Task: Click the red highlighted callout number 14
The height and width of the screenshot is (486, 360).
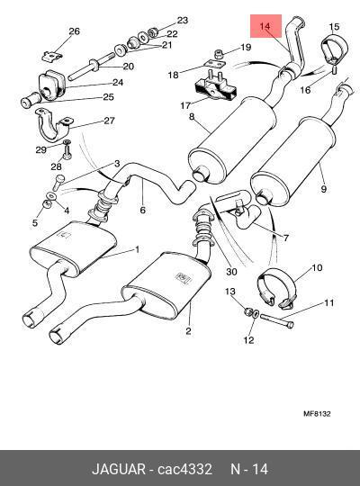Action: pos(265,26)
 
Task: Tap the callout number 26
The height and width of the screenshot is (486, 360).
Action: pos(74,31)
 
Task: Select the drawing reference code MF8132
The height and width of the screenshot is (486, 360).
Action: pos(317,413)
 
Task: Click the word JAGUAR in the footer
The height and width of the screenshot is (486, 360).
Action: pos(119,469)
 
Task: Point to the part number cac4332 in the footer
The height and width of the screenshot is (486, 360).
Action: pos(184,469)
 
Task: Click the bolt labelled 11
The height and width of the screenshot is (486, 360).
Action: pos(277,320)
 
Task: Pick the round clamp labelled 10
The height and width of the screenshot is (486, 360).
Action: pos(277,288)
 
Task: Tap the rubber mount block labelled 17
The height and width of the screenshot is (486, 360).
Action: pos(215,88)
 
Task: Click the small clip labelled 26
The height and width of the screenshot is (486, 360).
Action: pos(52,56)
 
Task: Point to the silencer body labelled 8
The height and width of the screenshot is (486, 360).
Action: pos(232,139)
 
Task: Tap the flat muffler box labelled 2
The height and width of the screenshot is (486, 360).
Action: pos(166,286)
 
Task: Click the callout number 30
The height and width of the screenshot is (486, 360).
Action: pos(231,272)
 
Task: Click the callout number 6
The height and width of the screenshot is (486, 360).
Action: pos(142,210)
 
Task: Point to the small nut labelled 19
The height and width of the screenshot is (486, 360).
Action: pos(220,55)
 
